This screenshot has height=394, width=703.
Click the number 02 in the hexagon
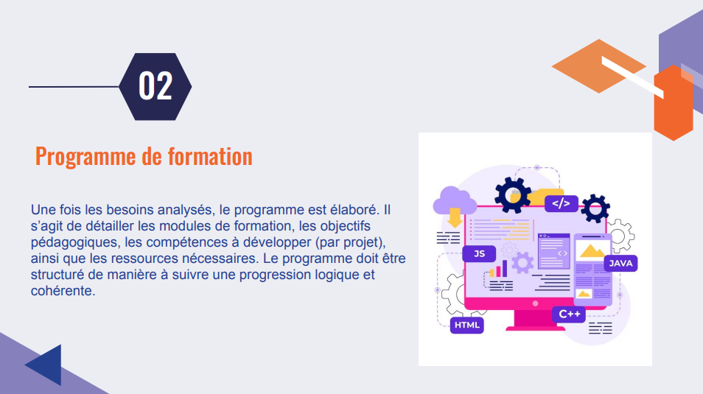pos(155,86)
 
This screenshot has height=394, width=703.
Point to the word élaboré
pos(351,210)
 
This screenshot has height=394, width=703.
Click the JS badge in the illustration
pos(479,254)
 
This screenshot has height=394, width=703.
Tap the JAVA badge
pos(620,263)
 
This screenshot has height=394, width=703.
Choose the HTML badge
pos(466,325)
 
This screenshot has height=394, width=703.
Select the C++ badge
pos(569,314)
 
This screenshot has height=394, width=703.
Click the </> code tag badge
pos(561,203)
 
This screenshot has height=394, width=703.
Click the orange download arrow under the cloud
pos(455,217)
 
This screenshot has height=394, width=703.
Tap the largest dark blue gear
pos(513,193)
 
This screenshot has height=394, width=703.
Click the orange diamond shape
pos(598,66)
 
